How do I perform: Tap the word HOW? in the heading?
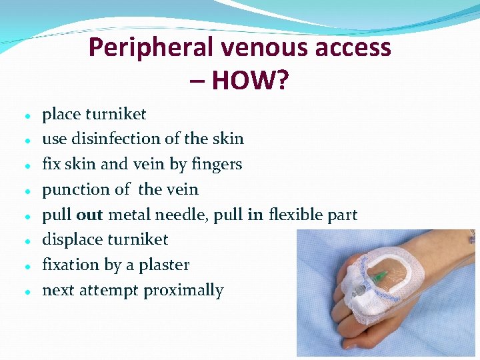[x=250, y=81]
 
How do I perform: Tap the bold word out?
[x=89, y=215]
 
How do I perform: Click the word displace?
[x=71, y=239]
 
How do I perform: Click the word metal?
[x=129, y=215]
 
